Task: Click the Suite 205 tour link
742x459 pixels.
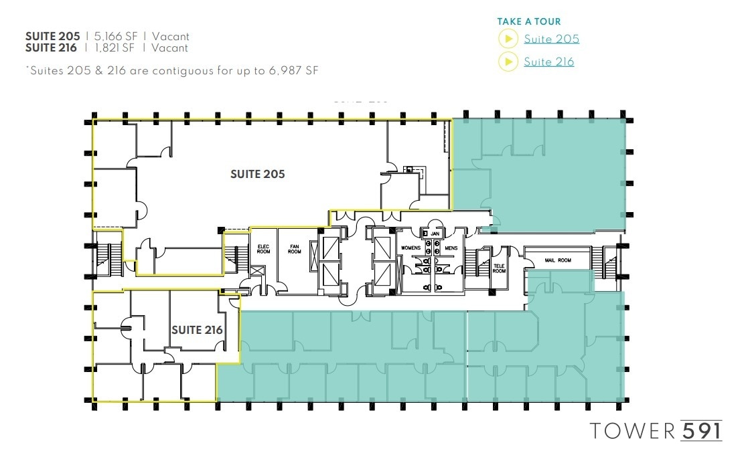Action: coord(551,39)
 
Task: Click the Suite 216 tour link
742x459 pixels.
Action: coord(548,62)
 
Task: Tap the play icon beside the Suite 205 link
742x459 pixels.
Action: coord(508,39)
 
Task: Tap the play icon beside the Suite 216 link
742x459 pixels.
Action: coord(508,62)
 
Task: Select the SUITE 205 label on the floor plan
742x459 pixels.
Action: coord(257,174)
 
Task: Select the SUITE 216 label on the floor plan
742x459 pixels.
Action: coord(197,330)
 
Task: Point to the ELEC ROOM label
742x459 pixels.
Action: coord(263,249)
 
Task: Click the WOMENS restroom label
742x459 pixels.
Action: coord(411,248)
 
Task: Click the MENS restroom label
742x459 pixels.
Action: coord(450,248)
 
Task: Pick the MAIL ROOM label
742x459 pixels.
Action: coord(559,260)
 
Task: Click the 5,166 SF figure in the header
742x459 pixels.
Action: coord(115,37)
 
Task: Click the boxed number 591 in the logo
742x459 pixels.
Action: coord(701,430)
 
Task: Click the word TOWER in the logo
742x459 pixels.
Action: coord(632,430)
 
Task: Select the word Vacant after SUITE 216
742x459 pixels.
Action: coord(170,48)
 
